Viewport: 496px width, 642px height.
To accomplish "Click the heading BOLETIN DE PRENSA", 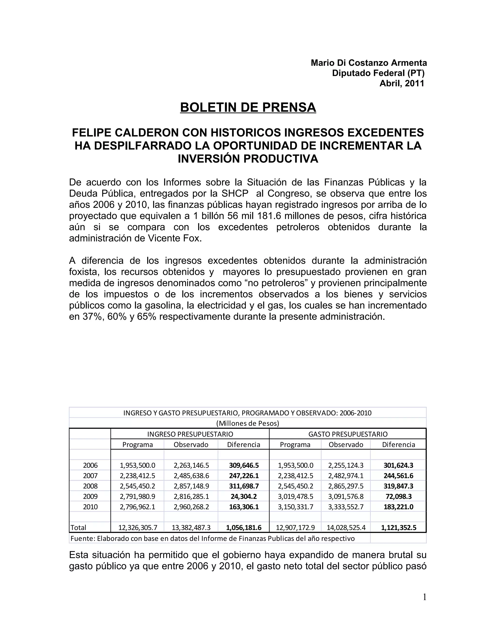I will click(248, 108).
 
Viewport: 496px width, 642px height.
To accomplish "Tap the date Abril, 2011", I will click(402, 84).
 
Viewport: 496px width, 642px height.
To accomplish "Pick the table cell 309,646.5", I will click(244, 465).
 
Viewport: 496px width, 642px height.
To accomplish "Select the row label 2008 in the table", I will click(90, 486).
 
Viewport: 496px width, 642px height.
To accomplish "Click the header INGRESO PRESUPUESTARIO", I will click(190, 434).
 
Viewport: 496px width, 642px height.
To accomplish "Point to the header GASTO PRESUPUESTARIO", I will click(348, 434).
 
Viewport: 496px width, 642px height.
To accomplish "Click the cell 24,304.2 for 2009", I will click(244, 496).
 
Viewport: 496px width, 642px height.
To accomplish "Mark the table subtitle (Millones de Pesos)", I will click(248, 423).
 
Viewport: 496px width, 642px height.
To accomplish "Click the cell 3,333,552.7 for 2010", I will click(346, 507).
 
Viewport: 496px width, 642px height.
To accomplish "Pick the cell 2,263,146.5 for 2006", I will click(191, 465).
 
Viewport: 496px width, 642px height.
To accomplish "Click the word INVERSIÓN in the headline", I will click(209, 159).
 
